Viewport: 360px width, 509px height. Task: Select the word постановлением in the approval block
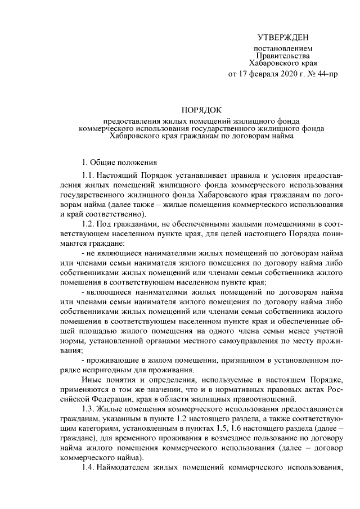click(x=280, y=50)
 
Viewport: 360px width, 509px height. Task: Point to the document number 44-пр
click(x=327, y=74)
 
